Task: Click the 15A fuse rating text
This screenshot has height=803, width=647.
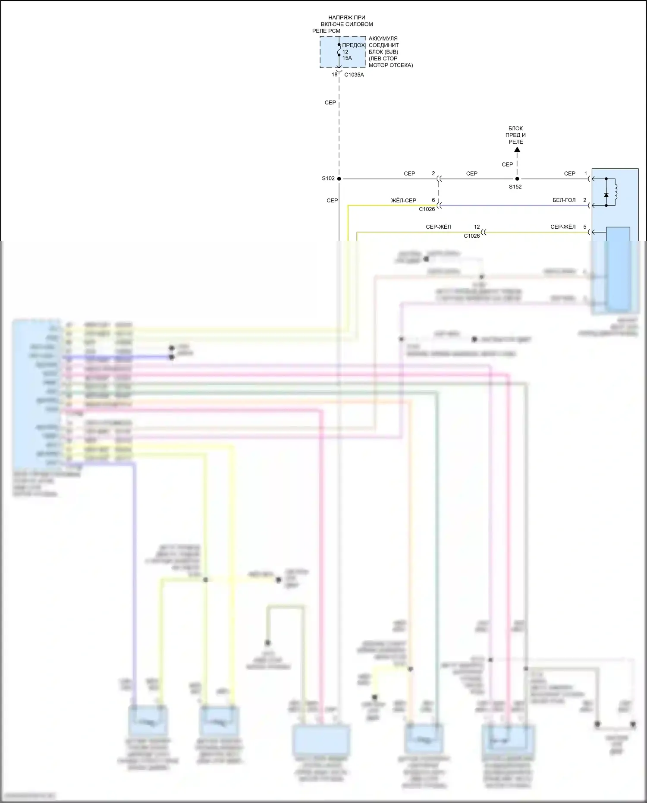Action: click(x=347, y=58)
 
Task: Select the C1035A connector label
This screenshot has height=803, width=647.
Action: click(x=354, y=75)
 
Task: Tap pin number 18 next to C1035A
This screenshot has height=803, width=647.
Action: click(x=334, y=75)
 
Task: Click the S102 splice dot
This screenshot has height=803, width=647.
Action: click(x=339, y=179)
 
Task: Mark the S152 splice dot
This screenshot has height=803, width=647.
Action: click(x=517, y=179)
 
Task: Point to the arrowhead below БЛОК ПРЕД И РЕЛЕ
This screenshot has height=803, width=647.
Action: click(x=517, y=150)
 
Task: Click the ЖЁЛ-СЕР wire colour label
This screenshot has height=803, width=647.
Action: click(x=403, y=201)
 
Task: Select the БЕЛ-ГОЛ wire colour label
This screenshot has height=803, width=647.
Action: click(x=564, y=200)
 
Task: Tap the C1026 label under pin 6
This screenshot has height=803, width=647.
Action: click(x=427, y=209)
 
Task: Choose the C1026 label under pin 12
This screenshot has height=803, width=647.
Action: click(x=471, y=236)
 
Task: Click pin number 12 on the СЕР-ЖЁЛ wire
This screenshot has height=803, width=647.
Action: click(x=477, y=227)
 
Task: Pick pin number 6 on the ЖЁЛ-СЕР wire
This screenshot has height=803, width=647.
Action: click(x=433, y=200)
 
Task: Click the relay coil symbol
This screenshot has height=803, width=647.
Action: click(x=616, y=192)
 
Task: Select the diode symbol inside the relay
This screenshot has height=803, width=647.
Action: click(x=606, y=195)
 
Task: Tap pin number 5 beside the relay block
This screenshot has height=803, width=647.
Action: click(x=585, y=227)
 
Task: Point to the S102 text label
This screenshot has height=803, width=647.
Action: click(x=328, y=178)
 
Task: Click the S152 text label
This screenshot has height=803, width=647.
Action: click(x=515, y=187)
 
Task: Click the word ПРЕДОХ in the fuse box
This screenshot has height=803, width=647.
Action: click(x=353, y=45)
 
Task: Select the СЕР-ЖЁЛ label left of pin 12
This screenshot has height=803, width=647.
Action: click(x=438, y=227)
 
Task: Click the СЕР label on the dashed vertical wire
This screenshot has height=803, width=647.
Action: click(x=330, y=103)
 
